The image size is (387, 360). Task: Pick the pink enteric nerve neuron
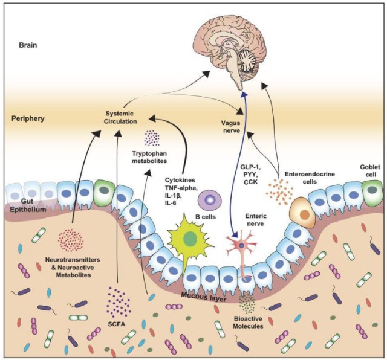[242, 246]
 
